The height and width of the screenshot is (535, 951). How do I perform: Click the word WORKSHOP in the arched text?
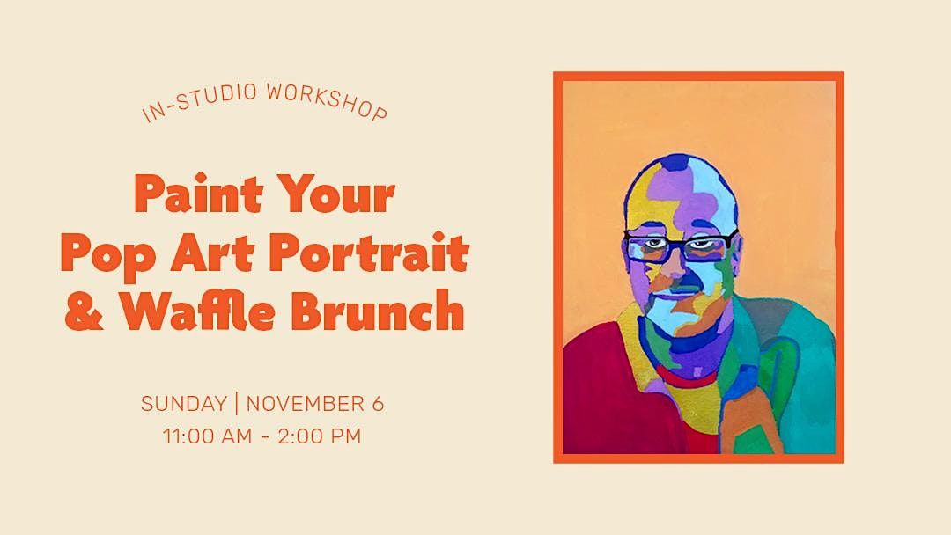(x=327, y=101)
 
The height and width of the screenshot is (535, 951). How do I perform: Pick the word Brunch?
(x=378, y=310)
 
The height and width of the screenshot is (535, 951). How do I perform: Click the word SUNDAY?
(x=184, y=404)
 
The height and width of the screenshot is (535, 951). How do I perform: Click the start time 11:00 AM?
(x=208, y=436)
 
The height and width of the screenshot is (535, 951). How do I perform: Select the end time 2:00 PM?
(x=319, y=436)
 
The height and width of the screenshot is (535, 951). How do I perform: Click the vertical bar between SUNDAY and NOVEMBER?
(x=237, y=404)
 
